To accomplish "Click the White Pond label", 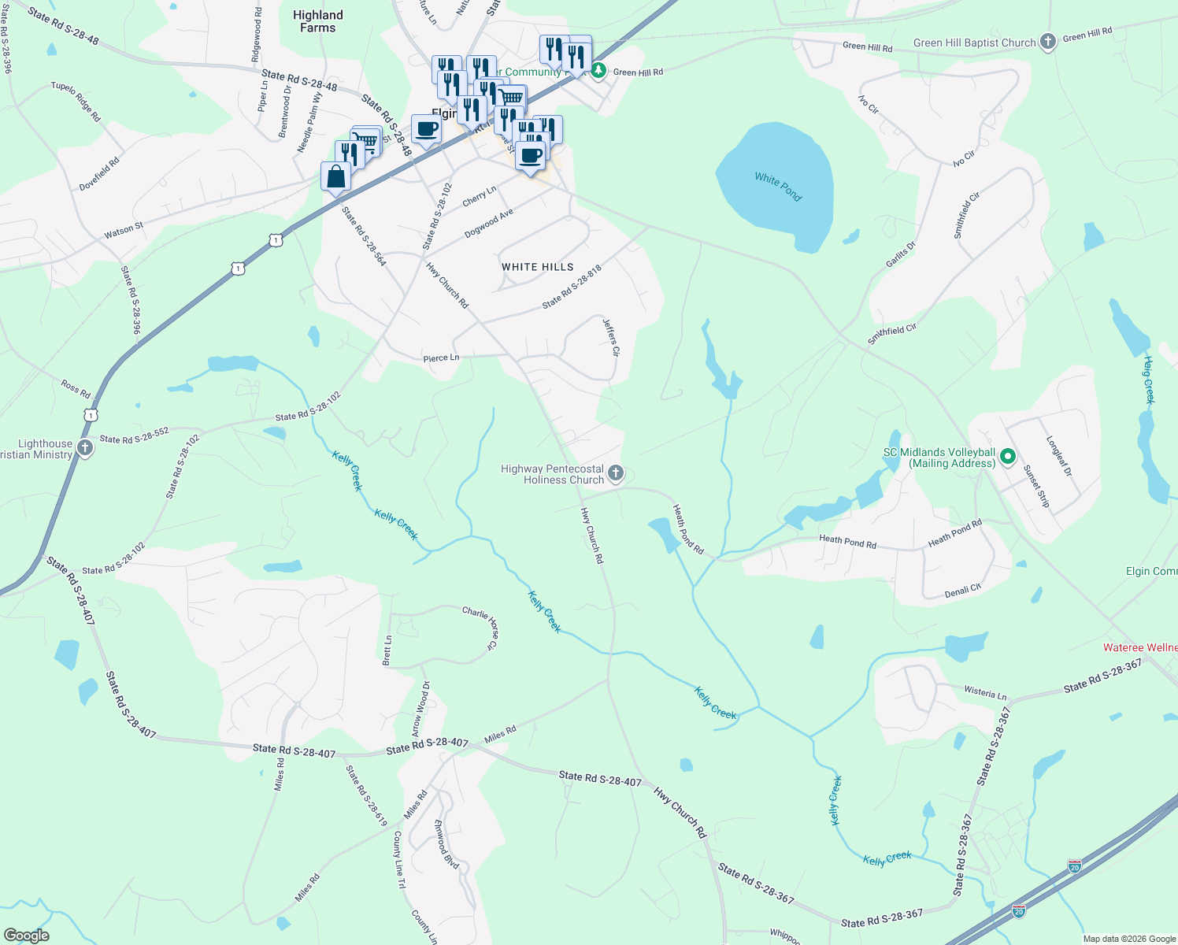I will coord(777,187).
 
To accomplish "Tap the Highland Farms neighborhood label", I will coord(317,21).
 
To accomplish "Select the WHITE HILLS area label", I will coord(538,267).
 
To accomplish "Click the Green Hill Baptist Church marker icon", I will coord(1047,43).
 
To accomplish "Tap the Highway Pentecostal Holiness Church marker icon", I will coord(617,473).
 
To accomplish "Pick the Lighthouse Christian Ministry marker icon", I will coord(85,449).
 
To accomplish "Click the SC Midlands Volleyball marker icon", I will coord(1007,458).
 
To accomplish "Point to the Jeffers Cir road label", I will coord(611,337).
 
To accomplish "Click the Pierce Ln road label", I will coord(441,358).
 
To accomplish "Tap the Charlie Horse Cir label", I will coord(480,627).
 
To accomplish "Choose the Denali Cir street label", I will coord(962,591).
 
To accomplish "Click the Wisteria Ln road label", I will coord(985,692).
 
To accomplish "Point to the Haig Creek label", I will coord(1149,380).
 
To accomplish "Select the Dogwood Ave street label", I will coord(488,224).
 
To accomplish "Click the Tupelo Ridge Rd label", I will coord(76,102).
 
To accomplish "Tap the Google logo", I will coord(26,936).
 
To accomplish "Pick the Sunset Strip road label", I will coord(1036,486).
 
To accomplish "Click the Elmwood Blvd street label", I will coord(446,843).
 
